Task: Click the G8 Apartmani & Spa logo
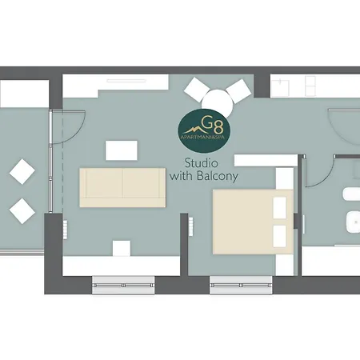[x=204, y=130]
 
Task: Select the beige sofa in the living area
[x=122, y=187]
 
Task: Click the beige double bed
[x=253, y=222]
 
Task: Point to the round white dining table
[x=218, y=104]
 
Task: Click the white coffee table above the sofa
[x=122, y=150]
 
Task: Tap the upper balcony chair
[x=22, y=171]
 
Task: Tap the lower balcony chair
[x=22, y=211]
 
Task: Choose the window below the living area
[x=123, y=285]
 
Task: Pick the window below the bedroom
[x=241, y=285]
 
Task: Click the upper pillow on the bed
[x=280, y=208]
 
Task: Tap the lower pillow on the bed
[x=280, y=236]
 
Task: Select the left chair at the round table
[x=197, y=90]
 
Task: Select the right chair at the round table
[x=238, y=91]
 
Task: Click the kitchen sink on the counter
[x=280, y=87]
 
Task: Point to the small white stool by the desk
[x=122, y=248]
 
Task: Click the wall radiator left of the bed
[x=191, y=226]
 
